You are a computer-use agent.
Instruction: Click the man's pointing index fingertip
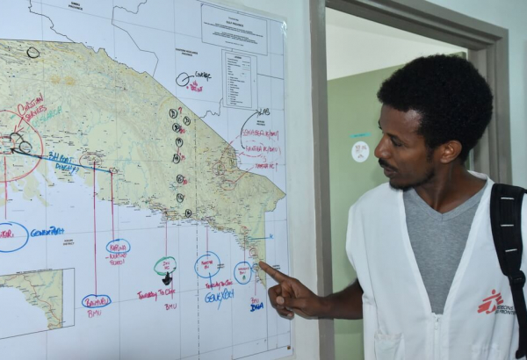click(x=262, y=266)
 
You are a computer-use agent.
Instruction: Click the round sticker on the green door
click(x=360, y=151)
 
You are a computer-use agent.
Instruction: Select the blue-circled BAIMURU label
click(x=96, y=301)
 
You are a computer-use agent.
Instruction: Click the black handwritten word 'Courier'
click(x=202, y=76)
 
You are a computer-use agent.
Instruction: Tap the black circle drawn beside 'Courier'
click(x=183, y=79)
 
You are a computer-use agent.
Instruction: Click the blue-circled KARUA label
click(x=118, y=248)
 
